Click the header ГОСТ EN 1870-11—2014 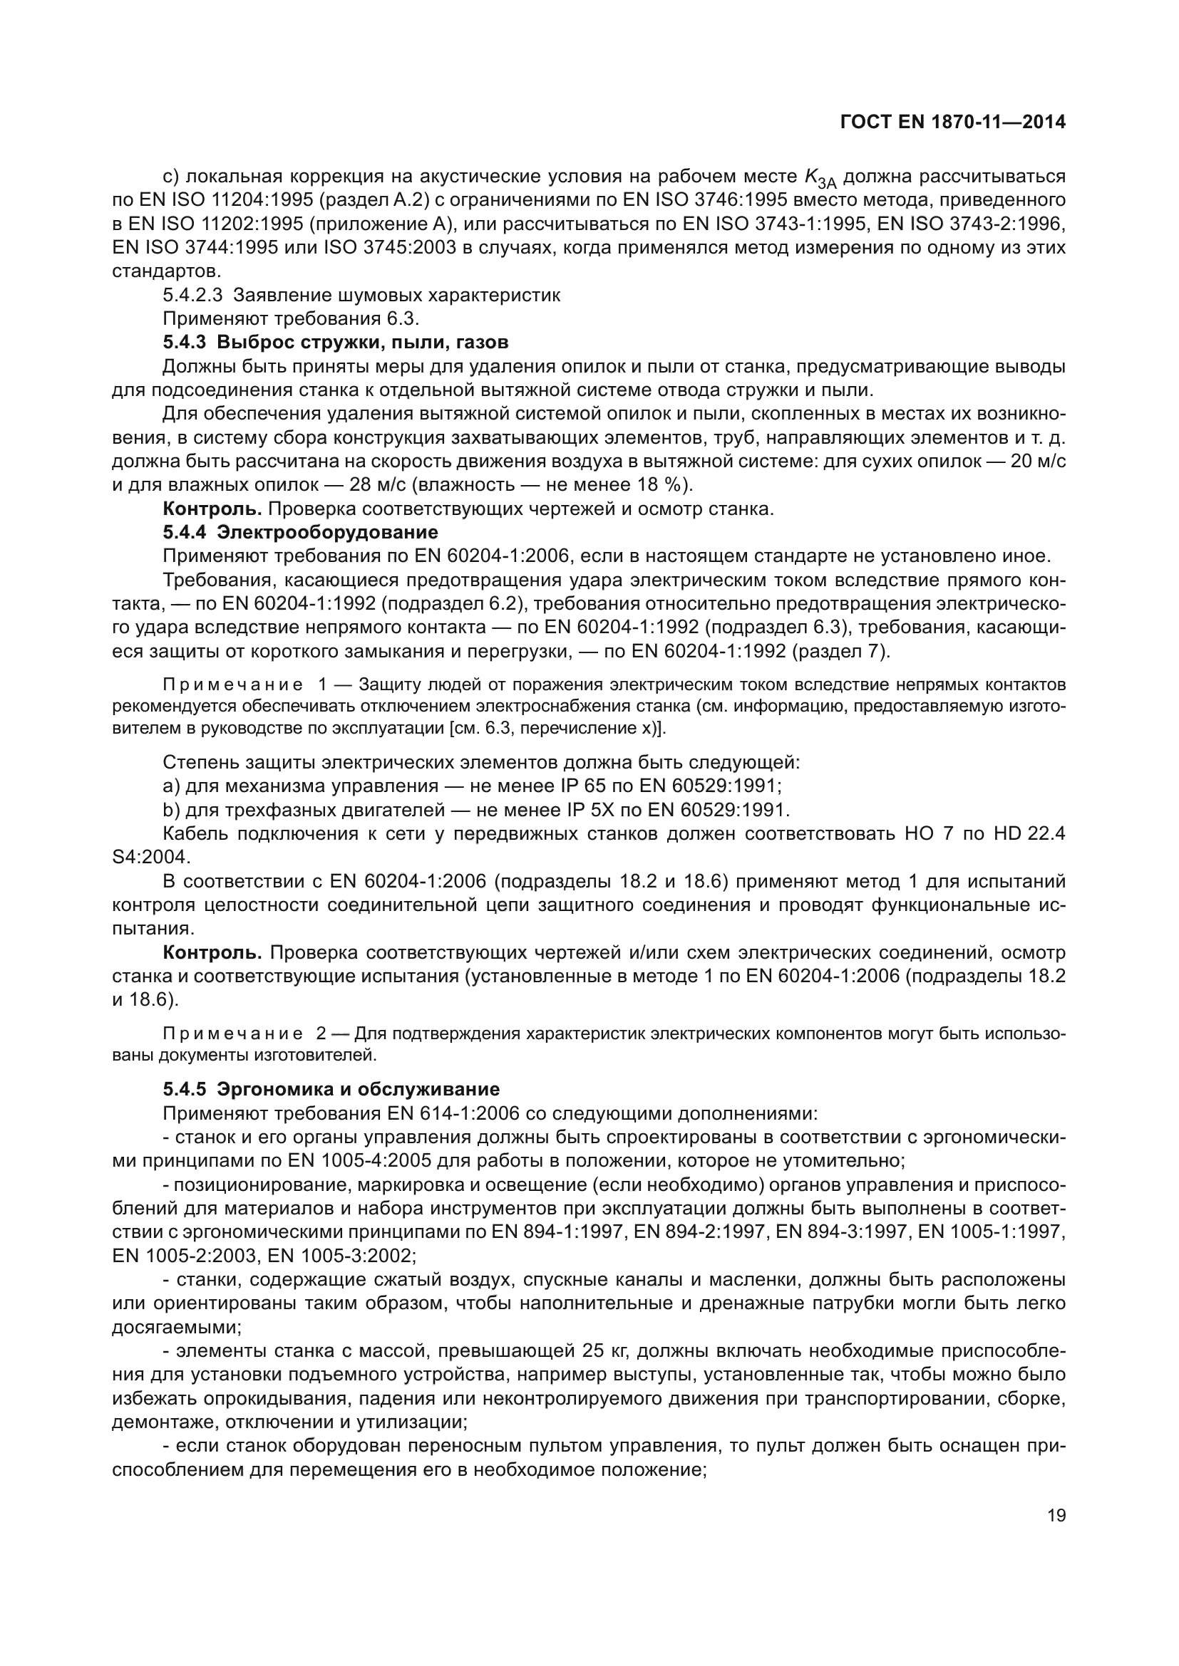[x=952, y=123]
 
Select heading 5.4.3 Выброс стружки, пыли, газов [x=336, y=342]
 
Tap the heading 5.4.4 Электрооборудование [x=300, y=533]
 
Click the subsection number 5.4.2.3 [x=192, y=296]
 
